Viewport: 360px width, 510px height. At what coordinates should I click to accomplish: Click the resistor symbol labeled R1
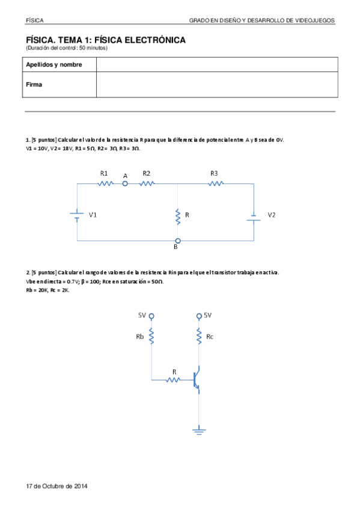[106, 184]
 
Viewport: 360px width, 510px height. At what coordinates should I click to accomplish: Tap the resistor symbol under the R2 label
[147, 184]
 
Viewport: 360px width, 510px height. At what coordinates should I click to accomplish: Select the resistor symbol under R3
[215, 184]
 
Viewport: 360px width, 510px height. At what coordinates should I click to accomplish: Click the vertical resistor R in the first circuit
[178, 216]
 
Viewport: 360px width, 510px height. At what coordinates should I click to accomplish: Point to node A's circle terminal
[126, 184]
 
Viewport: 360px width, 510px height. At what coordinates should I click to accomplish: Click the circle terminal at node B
[177, 241]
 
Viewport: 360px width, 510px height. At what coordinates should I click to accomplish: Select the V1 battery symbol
[78, 215]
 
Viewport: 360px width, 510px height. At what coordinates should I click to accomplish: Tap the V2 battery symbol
[254, 217]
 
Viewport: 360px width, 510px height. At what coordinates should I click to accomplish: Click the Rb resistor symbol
[151, 337]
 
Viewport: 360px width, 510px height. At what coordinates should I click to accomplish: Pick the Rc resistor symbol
[199, 337]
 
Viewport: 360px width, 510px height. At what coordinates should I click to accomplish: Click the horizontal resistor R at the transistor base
[174, 380]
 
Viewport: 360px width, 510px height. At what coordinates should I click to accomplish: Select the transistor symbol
[197, 379]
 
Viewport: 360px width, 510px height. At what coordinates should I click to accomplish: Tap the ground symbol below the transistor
[199, 431]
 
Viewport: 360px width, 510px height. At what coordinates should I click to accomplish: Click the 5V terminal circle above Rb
[151, 316]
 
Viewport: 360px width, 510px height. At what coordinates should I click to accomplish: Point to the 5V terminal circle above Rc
[199, 316]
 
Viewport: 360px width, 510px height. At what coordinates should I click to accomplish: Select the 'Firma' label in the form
[34, 85]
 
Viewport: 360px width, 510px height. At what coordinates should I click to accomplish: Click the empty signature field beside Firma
[216, 85]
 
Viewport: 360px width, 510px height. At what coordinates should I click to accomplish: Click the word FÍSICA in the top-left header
[34, 20]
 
